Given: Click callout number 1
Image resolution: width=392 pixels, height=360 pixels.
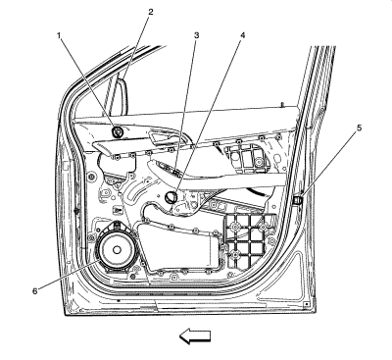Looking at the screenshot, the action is [x=59, y=34].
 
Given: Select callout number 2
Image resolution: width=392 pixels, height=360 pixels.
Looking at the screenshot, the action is [x=150, y=12].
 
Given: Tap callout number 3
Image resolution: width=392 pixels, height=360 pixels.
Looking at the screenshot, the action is [x=196, y=34].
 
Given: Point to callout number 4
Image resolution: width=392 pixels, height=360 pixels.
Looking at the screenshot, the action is [x=242, y=34].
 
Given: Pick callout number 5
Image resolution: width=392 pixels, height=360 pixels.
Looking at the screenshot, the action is [x=359, y=128].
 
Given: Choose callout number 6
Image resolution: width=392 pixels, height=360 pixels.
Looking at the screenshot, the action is [x=35, y=291].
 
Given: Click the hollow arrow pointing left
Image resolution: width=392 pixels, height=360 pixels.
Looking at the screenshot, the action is [x=195, y=336].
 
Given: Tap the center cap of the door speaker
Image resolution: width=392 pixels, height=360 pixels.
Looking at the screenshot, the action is [x=117, y=249].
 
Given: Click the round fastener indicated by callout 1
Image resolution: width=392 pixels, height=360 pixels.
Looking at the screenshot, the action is [x=118, y=131].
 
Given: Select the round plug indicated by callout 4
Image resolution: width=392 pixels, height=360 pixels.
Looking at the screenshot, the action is [x=171, y=197].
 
